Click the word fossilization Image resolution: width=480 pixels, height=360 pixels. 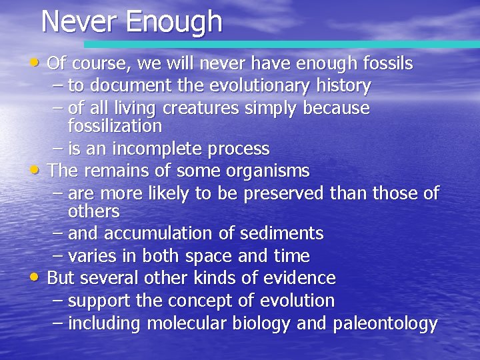coord(115,126)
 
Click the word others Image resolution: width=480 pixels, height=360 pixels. coord(93,211)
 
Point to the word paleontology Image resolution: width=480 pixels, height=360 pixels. coord(385,324)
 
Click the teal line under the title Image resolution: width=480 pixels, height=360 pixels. coord(280,44)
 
